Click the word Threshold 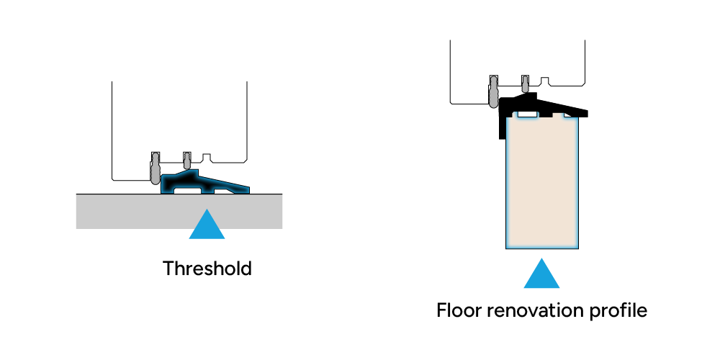(x=207, y=269)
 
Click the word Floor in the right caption (x=459, y=311)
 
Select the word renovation (x=541, y=311)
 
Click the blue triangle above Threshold (x=207, y=226)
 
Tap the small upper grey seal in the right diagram (x=526, y=79)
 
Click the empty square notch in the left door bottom (x=206, y=157)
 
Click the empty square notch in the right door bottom (x=544, y=79)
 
